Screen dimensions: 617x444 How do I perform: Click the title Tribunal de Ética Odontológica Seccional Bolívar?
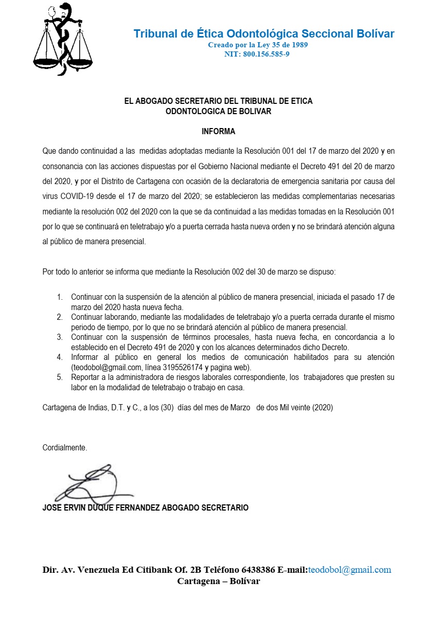pyautogui.click(x=264, y=34)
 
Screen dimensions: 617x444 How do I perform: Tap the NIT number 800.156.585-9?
pyautogui.click(x=264, y=53)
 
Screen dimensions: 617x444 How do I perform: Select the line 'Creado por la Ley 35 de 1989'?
pyautogui.click(x=258, y=45)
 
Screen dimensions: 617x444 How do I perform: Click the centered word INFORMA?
pyautogui.click(x=218, y=132)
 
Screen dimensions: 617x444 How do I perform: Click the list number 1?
pyautogui.click(x=60, y=297)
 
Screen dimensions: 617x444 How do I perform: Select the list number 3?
pyautogui.click(x=60, y=337)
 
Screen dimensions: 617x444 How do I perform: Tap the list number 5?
pyautogui.click(x=60, y=377)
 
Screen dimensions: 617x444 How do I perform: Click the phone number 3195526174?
pyautogui.click(x=181, y=367)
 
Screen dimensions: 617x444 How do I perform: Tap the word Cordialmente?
pyautogui.click(x=65, y=448)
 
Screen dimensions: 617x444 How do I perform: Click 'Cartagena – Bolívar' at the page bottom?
pyautogui.click(x=219, y=581)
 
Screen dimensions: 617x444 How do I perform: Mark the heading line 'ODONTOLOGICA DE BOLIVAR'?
pyautogui.click(x=218, y=111)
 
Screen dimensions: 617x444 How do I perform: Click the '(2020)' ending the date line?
pyautogui.click(x=323, y=408)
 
